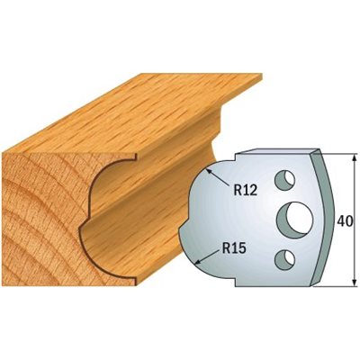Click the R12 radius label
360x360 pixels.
coord(245,190)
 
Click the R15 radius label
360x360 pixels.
coord(234,247)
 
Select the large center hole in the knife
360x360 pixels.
coord(295,220)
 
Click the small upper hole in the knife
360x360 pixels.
coord(284,180)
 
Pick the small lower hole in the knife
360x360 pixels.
coord(284,258)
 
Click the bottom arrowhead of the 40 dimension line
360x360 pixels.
coord(355,282)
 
